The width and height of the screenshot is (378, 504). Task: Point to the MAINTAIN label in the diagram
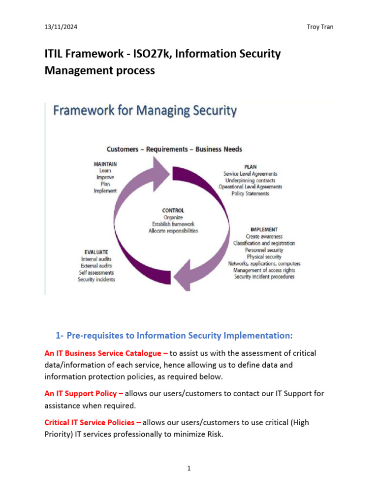105,163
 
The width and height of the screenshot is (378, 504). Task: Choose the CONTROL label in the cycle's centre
173,210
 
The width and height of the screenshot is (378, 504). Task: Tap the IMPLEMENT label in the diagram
264,229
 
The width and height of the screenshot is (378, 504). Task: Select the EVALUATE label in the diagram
96,252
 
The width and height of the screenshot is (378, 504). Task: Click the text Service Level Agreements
250,174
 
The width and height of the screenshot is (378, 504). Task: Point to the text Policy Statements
250,193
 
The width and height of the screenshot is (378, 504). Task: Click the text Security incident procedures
264,277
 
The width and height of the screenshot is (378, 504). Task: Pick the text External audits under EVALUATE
96,266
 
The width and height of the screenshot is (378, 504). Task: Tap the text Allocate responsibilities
173,231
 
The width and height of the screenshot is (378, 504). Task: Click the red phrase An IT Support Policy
84,393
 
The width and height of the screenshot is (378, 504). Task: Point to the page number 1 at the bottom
189,469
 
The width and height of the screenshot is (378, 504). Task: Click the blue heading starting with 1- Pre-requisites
174,336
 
